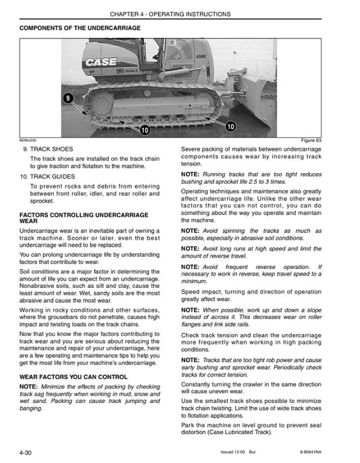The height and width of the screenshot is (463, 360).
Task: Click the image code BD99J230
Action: click(x=28, y=140)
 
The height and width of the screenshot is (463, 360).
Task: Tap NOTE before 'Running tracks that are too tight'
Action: click(x=192, y=175)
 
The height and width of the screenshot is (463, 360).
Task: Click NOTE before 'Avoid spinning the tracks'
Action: click(x=192, y=230)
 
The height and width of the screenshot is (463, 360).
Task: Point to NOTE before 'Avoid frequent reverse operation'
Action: click(x=192, y=267)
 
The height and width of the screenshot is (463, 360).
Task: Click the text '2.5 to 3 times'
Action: click(x=287, y=182)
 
